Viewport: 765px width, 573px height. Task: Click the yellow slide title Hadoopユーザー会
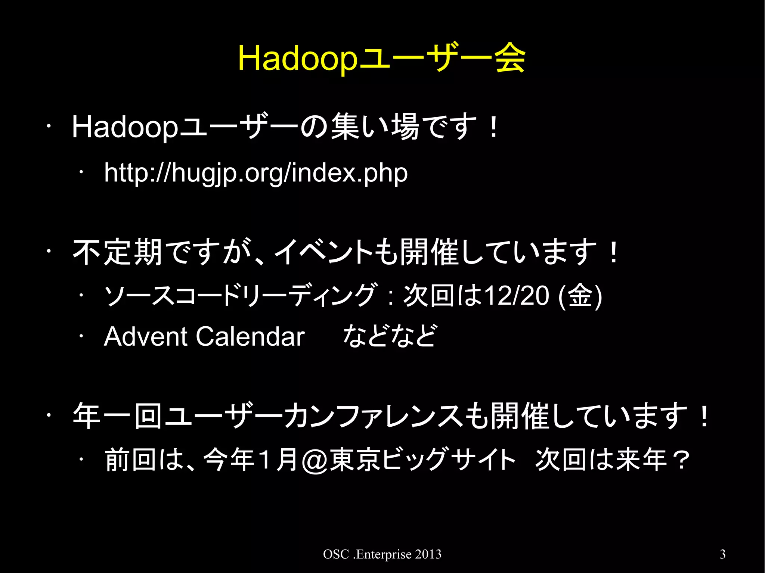(382, 59)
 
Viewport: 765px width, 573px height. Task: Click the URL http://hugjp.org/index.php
(255, 173)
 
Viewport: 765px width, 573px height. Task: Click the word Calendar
(250, 336)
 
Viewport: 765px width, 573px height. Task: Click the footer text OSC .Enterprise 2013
(382, 554)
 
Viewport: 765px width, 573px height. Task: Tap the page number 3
(722, 554)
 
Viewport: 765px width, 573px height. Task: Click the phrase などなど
(389, 336)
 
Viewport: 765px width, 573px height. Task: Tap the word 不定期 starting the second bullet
(117, 252)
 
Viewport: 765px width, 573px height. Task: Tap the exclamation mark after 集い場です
(493, 127)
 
